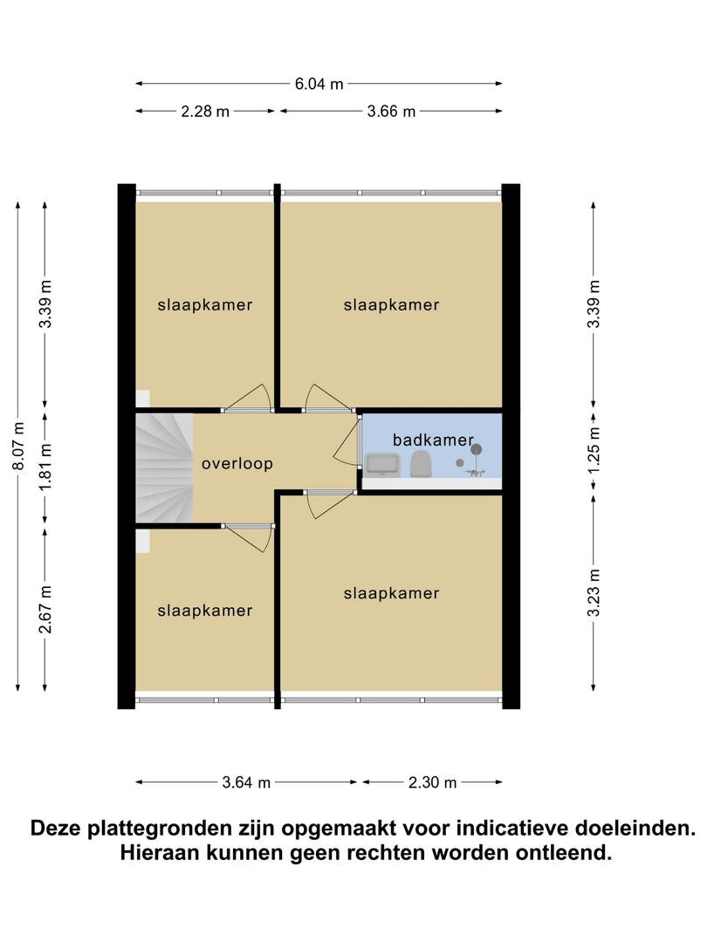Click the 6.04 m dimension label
(319, 84)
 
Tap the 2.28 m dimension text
(205, 111)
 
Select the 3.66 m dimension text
(391, 111)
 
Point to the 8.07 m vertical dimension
(18, 446)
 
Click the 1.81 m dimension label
(45, 466)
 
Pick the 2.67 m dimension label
(45, 609)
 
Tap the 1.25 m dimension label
(594, 450)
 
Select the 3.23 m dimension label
(594, 592)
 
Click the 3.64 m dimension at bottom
(246, 782)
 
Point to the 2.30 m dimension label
(433, 782)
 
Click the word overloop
(237, 463)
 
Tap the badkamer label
(434, 440)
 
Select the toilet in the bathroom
(422, 464)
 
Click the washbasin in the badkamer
(382, 464)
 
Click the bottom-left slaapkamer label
(205, 611)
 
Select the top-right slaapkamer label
(391, 304)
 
